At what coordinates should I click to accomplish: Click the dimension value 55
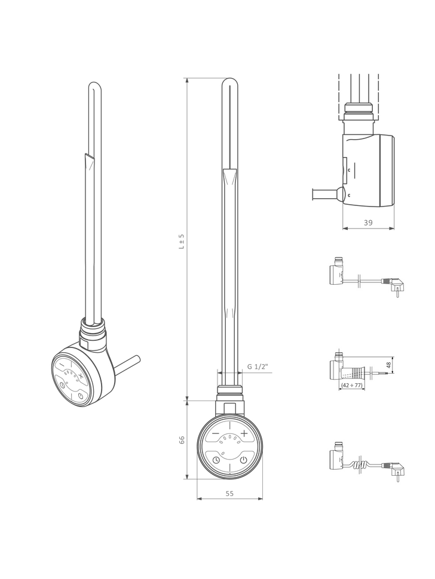pyautogui.click(x=229, y=493)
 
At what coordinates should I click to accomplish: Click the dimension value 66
pyautogui.click(x=182, y=439)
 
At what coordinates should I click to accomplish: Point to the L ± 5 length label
pyautogui.click(x=182, y=241)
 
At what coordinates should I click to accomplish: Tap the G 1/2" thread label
pyautogui.click(x=258, y=367)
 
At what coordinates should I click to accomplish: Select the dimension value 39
pyautogui.click(x=368, y=222)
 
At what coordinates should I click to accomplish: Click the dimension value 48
pyautogui.click(x=388, y=365)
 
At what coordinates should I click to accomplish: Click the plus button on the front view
pyautogui.click(x=244, y=433)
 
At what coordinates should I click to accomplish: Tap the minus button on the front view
pyautogui.click(x=216, y=433)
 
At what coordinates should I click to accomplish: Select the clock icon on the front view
pyautogui.click(x=216, y=460)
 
